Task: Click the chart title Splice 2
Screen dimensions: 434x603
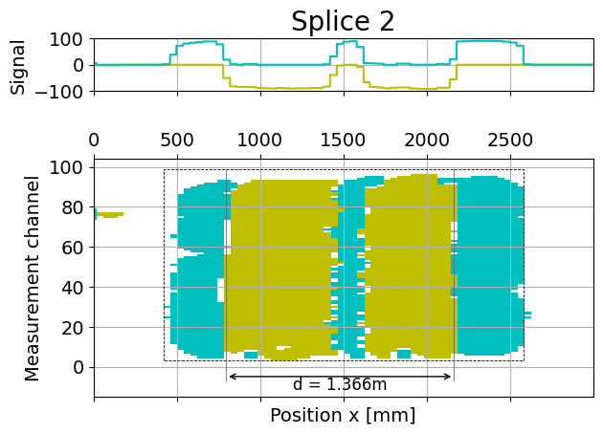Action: coord(343,21)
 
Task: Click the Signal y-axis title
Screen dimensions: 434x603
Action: coord(18,65)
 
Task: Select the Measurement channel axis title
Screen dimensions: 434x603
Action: coord(34,278)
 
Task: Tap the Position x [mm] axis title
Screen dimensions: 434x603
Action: coord(343,416)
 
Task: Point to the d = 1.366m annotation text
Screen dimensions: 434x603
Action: coord(340,385)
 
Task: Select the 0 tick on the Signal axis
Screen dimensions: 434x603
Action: coord(80,66)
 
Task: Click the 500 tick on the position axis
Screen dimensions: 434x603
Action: coord(176,140)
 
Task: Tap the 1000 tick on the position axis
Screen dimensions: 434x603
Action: coord(259,140)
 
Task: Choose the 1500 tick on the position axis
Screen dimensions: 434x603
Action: coord(343,140)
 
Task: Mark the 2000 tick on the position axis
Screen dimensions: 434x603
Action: coord(426,140)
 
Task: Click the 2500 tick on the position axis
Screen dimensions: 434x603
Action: coord(509,140)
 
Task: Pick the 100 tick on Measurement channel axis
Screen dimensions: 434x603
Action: coord(69,167)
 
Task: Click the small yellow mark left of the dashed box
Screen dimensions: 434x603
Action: coord(110,214)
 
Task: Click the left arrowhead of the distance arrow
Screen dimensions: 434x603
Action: coord(231,377)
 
